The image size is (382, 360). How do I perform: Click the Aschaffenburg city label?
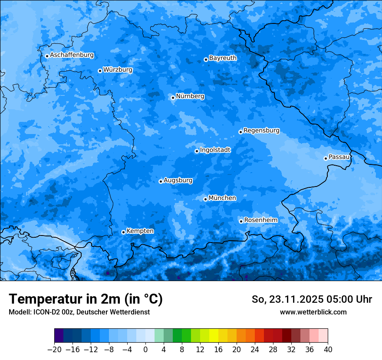(72, 55)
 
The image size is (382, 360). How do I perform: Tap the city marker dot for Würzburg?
(100, 71)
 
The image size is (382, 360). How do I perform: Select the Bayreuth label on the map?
(223, 58)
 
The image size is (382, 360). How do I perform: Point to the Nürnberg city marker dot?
(173, 98)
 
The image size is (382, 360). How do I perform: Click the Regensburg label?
(261, 130)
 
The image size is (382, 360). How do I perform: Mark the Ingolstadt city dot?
(197, 151)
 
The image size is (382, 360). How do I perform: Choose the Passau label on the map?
(339, 157)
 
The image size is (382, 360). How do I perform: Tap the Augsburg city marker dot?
(161, 181)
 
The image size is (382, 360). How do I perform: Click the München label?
(222, 198)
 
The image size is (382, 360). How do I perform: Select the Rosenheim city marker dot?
(241, 221)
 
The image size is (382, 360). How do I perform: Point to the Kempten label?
(140, 231)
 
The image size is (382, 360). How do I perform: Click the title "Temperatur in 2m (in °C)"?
(86, 299)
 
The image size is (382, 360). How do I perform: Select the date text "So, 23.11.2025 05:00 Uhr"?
(312, 299)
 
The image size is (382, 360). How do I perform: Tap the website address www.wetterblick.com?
(313, 312)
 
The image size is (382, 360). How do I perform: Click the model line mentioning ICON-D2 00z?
(79, 312)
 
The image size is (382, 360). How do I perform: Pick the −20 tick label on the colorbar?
(54, 349)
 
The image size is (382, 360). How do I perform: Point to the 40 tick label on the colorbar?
(328, 349)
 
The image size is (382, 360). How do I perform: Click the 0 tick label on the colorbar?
(145, 349)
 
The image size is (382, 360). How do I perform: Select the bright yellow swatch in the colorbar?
(214, 336)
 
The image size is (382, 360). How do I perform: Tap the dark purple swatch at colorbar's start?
(59, 336)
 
